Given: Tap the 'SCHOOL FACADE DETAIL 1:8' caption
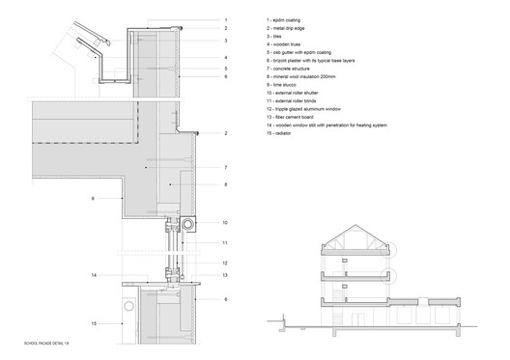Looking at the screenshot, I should pyautogui.click(x=49, y=343).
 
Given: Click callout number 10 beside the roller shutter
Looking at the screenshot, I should pyautogui.click(x=224, y=223).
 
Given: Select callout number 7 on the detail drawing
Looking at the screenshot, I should pyautogui.click(x=224, y=167).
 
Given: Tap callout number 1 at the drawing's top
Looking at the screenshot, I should pyautogui.click(x=224, y=19).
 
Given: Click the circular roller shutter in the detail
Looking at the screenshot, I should pyautogui.click(x=186, y=225).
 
